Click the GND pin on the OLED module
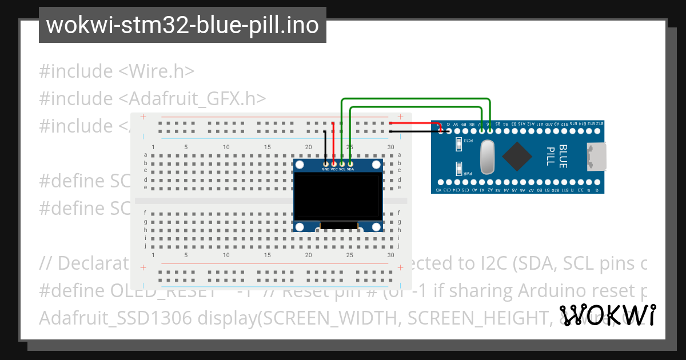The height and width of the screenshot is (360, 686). coord(325,164)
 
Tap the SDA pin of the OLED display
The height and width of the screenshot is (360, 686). coord(350,164)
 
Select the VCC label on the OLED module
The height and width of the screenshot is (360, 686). coord(334,170)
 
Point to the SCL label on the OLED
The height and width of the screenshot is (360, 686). coord(342,170)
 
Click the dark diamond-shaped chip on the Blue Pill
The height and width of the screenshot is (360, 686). coord(517,155)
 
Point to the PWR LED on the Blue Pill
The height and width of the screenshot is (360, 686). coord(459,169)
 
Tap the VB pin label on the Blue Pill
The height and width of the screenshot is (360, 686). coord(439,190)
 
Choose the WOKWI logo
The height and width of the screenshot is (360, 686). coord(607,315)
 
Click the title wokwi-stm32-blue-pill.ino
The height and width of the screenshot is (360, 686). coord(182,25)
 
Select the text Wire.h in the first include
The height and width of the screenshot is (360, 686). coord(156,71)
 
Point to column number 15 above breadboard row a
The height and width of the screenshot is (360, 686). coord(268,147)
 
